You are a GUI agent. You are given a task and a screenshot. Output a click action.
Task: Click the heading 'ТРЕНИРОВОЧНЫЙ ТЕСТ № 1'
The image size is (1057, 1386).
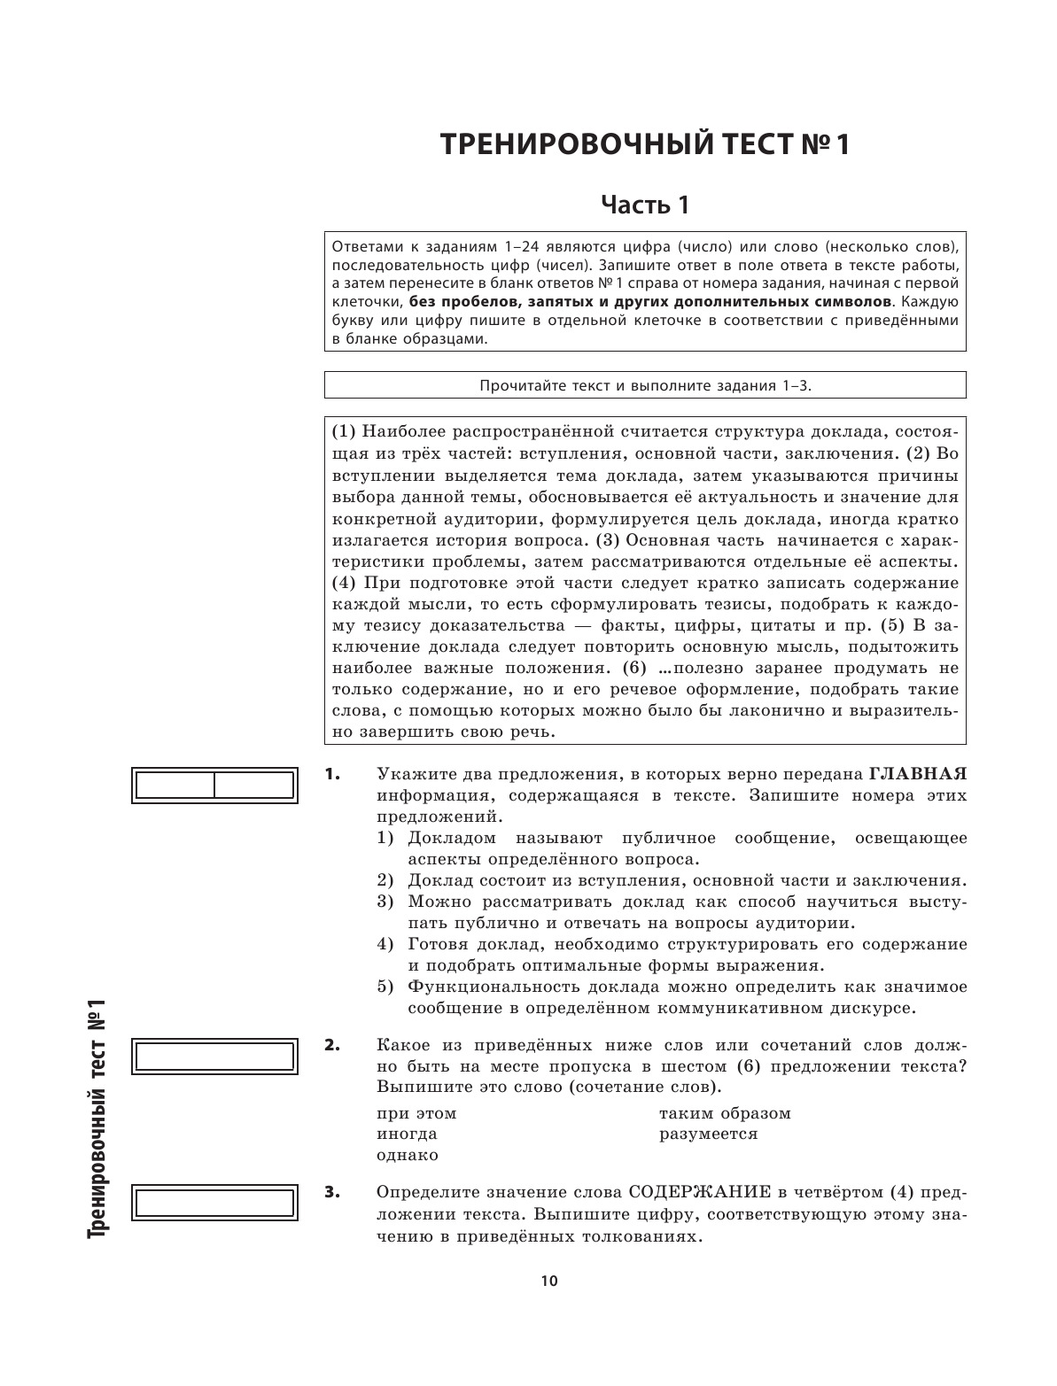[x=645, y=144]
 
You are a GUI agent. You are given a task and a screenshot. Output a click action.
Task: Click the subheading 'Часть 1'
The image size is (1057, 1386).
[x=645, y=205]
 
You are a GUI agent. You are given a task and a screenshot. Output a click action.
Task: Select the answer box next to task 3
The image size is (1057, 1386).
[x=213, y=1203]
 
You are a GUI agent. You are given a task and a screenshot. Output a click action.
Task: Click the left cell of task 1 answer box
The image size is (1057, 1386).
[x=175, y=786]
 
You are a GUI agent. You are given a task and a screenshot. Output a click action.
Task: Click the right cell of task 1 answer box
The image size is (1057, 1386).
[x=254, y=786]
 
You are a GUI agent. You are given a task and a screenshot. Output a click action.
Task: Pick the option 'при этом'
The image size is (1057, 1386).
[x=416, y=1113]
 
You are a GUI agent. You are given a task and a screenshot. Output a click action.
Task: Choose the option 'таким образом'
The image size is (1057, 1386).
[x=725, y=1113]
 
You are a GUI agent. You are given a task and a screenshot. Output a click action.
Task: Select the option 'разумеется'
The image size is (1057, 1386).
[x=709, y=1134]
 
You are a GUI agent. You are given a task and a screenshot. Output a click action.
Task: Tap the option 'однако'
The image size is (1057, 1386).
[x=408, y=1156]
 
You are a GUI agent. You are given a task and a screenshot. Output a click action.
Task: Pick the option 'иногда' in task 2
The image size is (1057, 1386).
[x=407, y=1134]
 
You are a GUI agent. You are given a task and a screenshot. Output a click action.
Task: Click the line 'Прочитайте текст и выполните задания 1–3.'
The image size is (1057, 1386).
[x=645, y=385]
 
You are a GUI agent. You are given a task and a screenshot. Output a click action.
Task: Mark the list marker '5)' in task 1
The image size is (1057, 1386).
[x=385, y=987]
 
